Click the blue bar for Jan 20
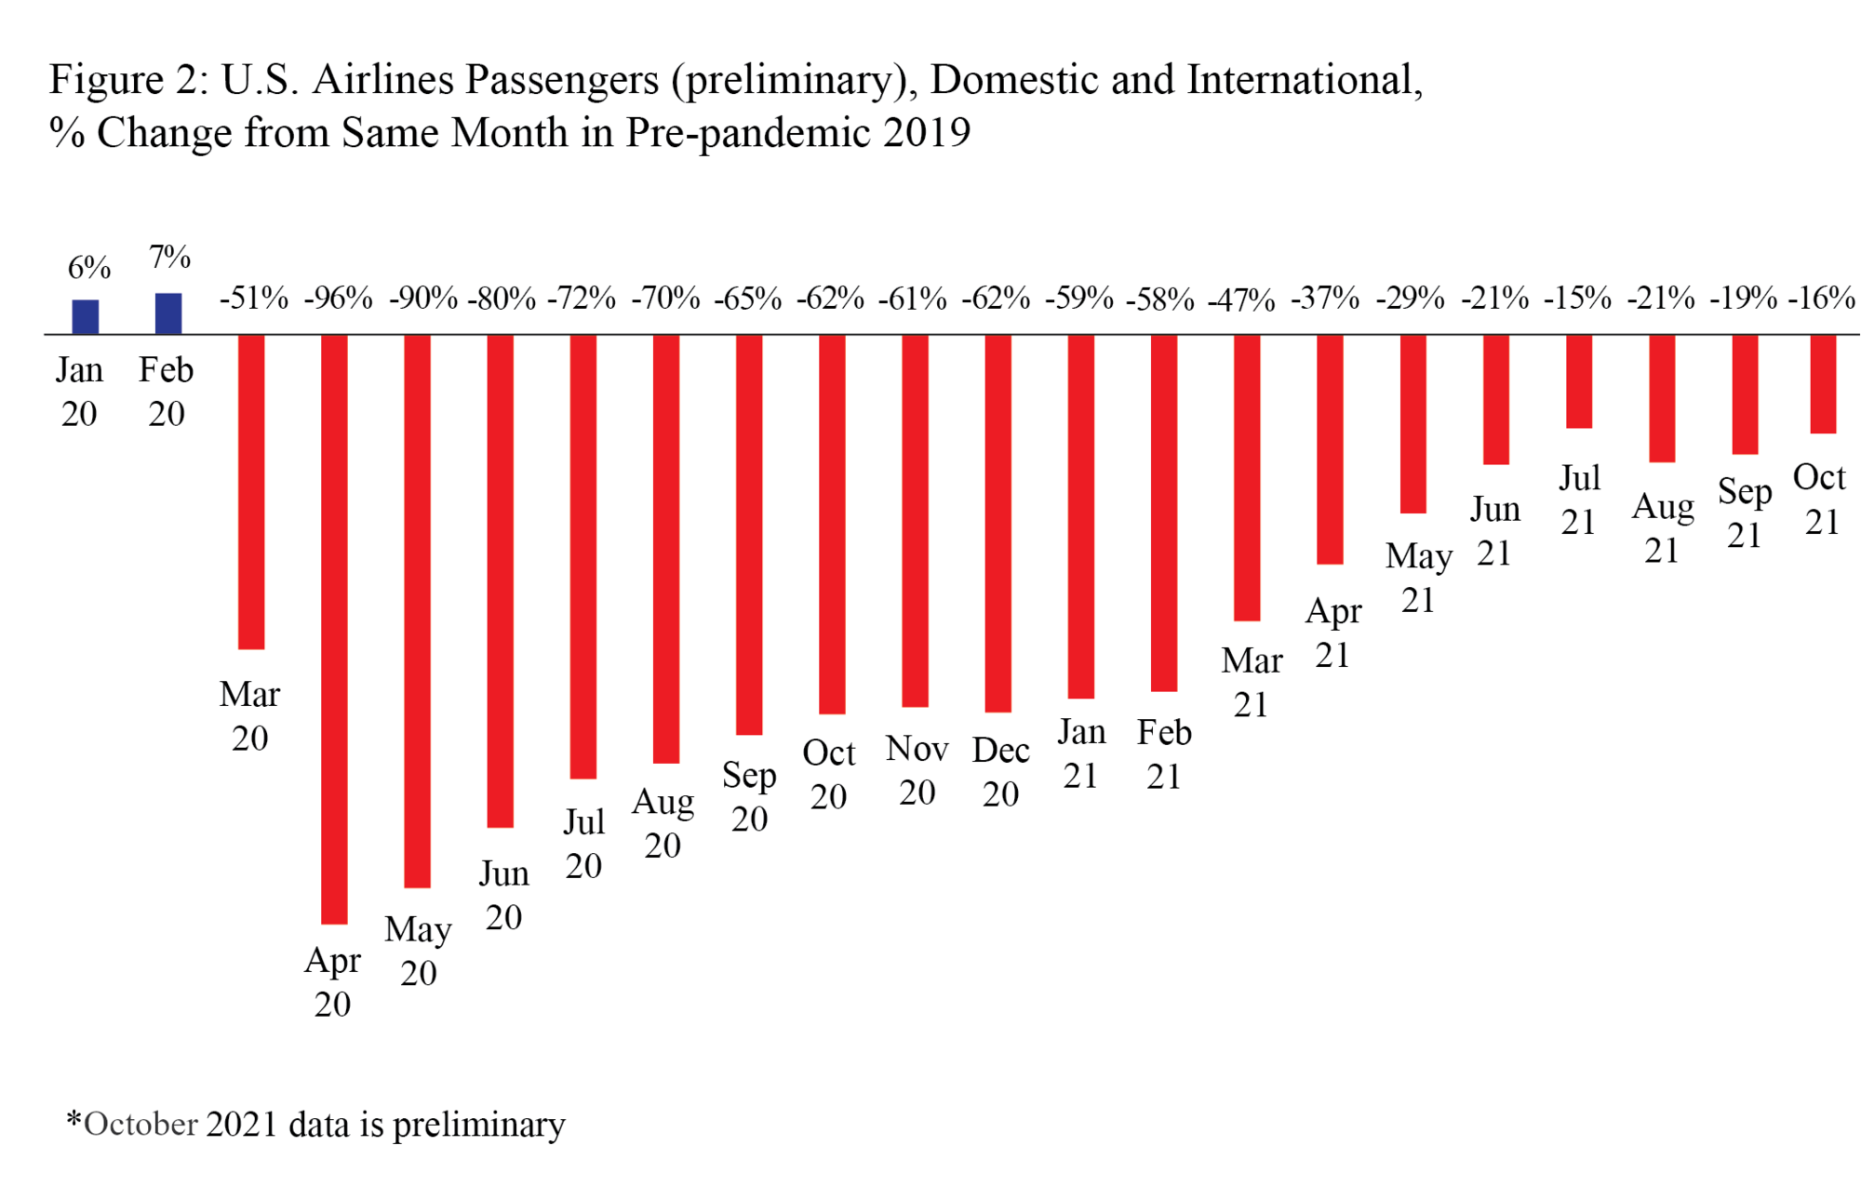(86, 316)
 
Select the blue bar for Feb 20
(168, 313)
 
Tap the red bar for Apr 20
(334, 629)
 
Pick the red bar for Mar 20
(251, 491)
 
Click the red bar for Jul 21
(1579, 381)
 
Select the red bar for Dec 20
(997, 523)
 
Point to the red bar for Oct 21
(1823, 383)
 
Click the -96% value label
(338, 299)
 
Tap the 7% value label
(170, 257)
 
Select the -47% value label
(1241, 300)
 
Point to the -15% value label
(1577, 298)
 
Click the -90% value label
(423, 299)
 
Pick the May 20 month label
(419, 951)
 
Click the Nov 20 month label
(917, 770)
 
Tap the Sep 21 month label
(1745, 513)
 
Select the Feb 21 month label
(1164, 754)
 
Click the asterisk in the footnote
(74, 1119)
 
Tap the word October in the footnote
(141, 1125)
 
